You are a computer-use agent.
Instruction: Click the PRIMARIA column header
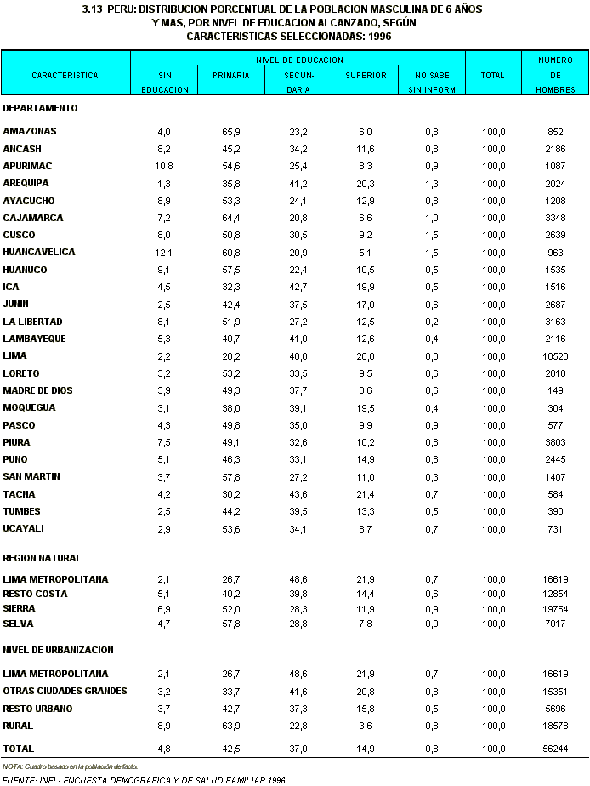pos(231,76)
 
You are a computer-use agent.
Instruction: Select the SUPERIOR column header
pos(366,76)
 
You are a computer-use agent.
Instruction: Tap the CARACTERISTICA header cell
pos(65,76)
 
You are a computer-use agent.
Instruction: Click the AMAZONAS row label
pos(30,132)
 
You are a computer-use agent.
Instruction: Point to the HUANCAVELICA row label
pos(39,253)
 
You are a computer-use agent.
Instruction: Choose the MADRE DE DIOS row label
pos(38,390)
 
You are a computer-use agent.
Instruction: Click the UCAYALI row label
pos(23,529)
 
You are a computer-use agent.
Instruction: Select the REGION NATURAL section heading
pos(43,559)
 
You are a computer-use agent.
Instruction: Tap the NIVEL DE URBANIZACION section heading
pos(59,650)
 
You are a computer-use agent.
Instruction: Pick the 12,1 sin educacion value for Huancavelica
pos(164,253)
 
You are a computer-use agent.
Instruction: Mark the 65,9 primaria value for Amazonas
pos(231,132)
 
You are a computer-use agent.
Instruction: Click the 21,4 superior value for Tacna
pos(366,494)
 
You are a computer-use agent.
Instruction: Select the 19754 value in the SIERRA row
pos(556,609)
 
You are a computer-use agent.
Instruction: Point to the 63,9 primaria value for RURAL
pos(231,726)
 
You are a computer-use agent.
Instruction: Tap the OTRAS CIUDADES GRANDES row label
pos(65,691)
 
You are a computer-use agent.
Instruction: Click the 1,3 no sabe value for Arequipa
pos(432,184)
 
